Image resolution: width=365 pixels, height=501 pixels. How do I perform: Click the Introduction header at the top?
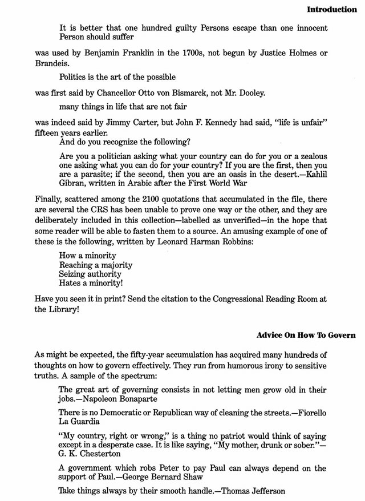pyautogui.click(x=331, y=10)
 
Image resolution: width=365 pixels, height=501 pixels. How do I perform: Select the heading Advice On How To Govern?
pyautogui.click(x=306, y=335)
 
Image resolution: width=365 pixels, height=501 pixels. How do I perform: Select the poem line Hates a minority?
pyautogui.click(x=91, y=283)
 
